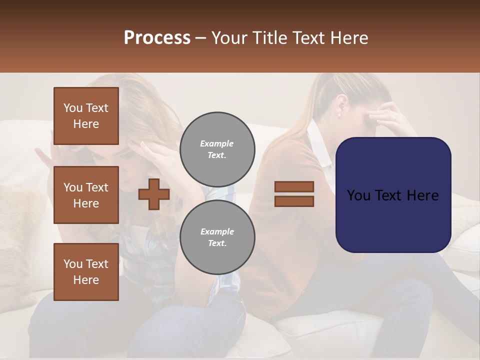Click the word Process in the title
point(157,38)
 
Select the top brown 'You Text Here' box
point(86,116)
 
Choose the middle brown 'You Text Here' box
point(86,195)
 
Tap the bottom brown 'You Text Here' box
point(86,271)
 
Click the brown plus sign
point(154,194)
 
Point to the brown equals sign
point(294,194)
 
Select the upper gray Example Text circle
point(217,149)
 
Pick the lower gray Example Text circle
point(217,237)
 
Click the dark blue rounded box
point(393,195)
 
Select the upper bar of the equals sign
point(294,186)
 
